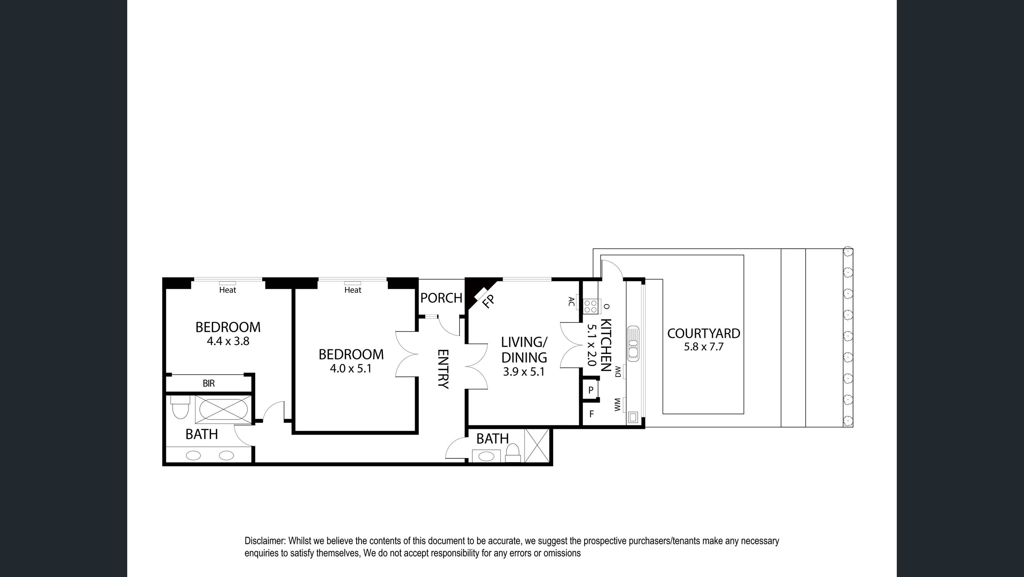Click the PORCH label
pyautogui.click(x=441, y=298)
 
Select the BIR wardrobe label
pyautogui.click(x=209, y=384)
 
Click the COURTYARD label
pyautogui.click(x=703, y=333)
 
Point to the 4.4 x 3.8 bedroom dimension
pyautogui.click(x=228, y=341)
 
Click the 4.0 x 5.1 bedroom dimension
pyautogui.click(x=351, y=369)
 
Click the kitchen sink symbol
pyautogui.click(x=633, y=344)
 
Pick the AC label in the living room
pyautogui.click(x=572, y=302)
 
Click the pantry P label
pyautogui.click(x=591, y=390)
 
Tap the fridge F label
pyautogui.click(x=592, y=414)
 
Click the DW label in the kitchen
pyautogui.click(x=618, y=372)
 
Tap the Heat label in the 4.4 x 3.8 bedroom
pyautogui.click(x=227, y=290)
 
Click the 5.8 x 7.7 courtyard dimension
pyautogui.click(x=703, y=347)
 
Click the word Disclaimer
pyautogui.click(x=265, y=541)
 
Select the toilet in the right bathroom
pyautogui.click(x=513, y=453)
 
